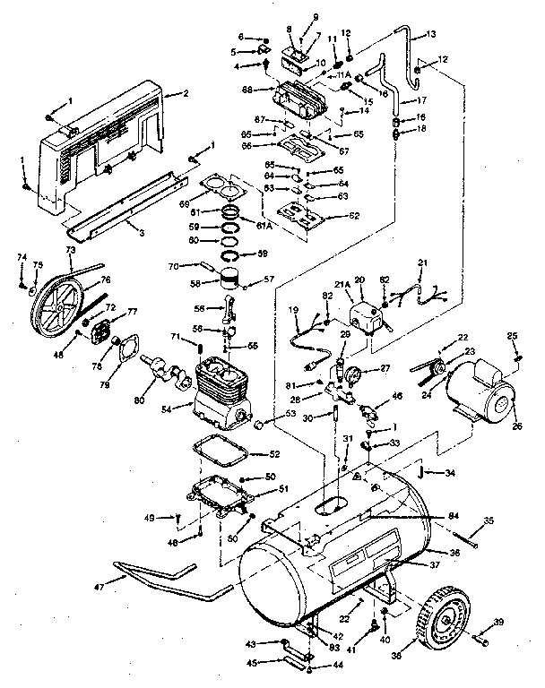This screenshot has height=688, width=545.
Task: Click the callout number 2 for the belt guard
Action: [185, 93]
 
